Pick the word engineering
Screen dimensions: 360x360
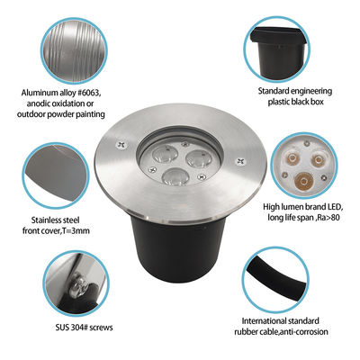(x=309, y=92)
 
